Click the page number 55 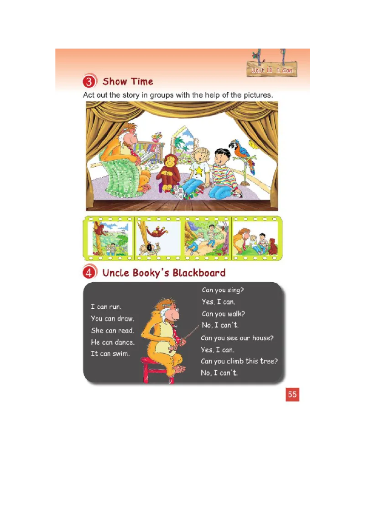[x=292, y=394]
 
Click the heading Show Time [x=128, y=81]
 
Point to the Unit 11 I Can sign [x=272, y=69]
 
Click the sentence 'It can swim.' [x=110, y=354]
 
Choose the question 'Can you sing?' [x=223, y=290]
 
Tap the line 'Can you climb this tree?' [x=239, y=361]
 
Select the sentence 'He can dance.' [x=113, y=342]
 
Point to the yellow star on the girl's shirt [x=198, y=170]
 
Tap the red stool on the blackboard [x=158, y=370]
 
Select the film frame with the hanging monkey [x=159, y=238]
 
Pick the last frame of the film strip [x=255, y=238]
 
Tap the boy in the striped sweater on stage [x=223, y=174]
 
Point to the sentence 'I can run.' [x=106, y=306]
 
